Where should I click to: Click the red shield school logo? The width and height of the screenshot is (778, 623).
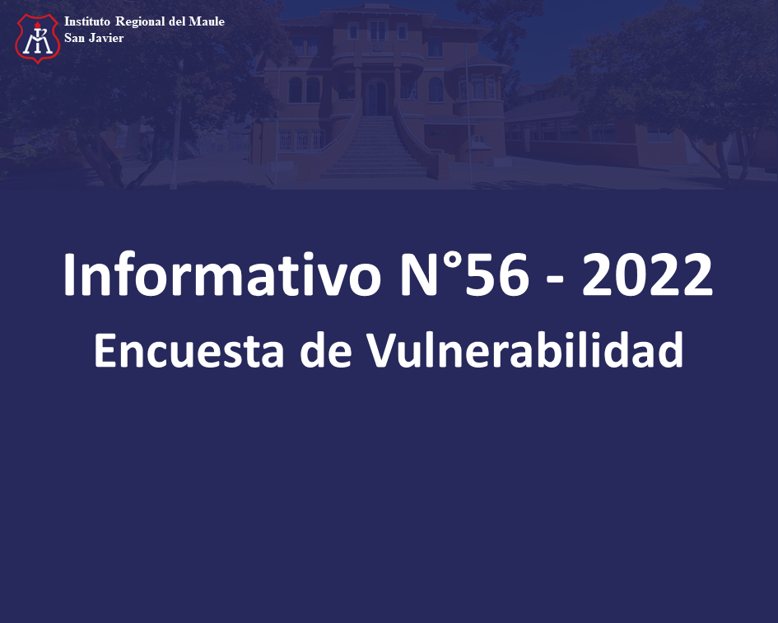38,38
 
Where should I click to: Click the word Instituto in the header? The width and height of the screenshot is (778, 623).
86,21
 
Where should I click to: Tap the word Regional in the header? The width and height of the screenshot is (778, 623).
140,22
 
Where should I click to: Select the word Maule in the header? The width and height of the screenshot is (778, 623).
207,21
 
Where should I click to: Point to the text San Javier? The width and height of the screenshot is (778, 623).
94,38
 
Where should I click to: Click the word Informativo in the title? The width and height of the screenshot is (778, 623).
222,274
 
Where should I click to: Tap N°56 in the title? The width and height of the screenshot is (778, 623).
464,274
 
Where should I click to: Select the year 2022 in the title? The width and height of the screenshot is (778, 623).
647,274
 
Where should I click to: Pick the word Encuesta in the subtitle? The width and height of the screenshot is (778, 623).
189,349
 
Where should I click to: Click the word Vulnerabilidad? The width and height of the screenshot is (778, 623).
525,349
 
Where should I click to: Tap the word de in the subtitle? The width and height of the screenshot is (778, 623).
326,349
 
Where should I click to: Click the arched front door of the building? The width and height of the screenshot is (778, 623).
376,96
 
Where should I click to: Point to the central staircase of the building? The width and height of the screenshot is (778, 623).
375,146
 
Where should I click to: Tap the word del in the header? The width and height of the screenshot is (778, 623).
177,21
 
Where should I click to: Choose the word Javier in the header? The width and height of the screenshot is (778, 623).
106,38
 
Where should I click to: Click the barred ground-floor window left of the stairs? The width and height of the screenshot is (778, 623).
301,139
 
